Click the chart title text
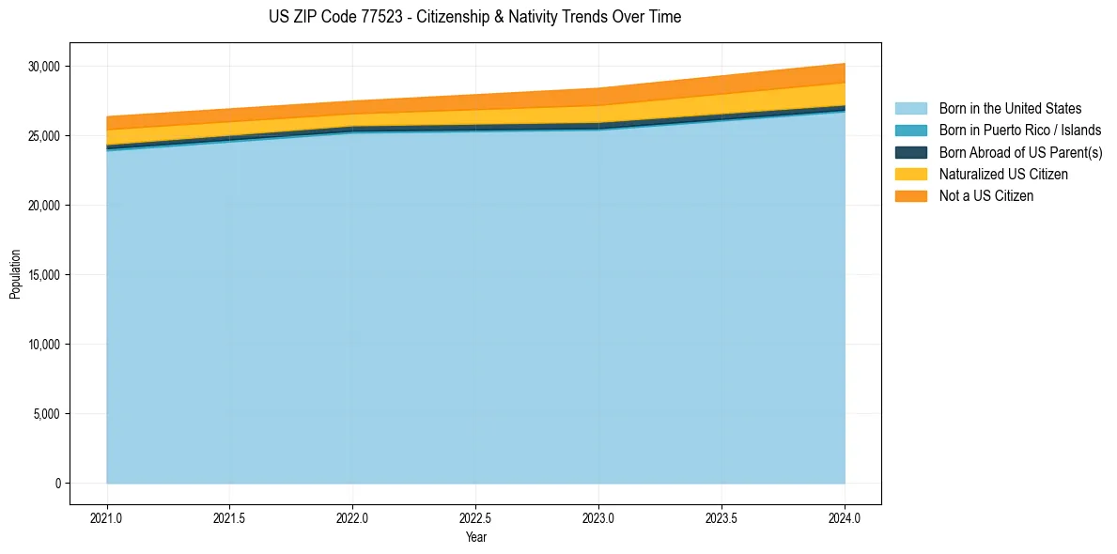(474, 17)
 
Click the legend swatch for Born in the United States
(910, 109)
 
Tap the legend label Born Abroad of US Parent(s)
(1020, 152)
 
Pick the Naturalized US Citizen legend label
(1003, 174)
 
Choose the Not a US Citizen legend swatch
(910, 195)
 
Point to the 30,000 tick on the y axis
(44, 67)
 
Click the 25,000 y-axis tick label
(44, 136)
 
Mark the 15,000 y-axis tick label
(44, 275)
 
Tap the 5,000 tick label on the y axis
(47, 414)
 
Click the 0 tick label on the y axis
(57, 484)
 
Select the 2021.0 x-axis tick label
(107, 517)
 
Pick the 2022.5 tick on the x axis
(475, 517)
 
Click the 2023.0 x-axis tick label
(598, 517)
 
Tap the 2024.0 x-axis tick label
(845, 517)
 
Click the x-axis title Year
(475, 537)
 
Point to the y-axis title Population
(15, 274)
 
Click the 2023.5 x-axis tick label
(721, 517)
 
